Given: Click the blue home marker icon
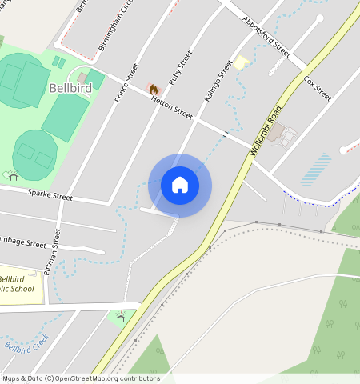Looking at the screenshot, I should [180, 185].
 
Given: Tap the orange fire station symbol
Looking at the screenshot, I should [153, 90].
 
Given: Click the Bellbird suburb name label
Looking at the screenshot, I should [70, 87].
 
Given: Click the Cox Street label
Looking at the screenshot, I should [318, 87].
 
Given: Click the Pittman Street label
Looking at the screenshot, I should [53, 253].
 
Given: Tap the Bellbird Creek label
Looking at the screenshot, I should [26, 344].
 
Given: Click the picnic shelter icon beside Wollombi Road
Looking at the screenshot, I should [121, 318].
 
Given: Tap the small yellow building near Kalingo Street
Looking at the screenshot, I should [242, 62].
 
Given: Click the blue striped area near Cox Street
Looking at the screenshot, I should [320, 169].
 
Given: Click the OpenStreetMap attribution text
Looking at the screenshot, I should [80, 378].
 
